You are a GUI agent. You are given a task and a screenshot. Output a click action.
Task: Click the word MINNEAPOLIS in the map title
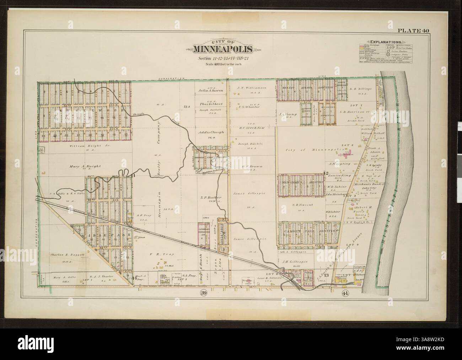(223, 49)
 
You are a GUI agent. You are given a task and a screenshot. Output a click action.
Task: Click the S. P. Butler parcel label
(211, 197)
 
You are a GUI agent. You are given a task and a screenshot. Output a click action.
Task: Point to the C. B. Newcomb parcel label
(302, 205)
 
